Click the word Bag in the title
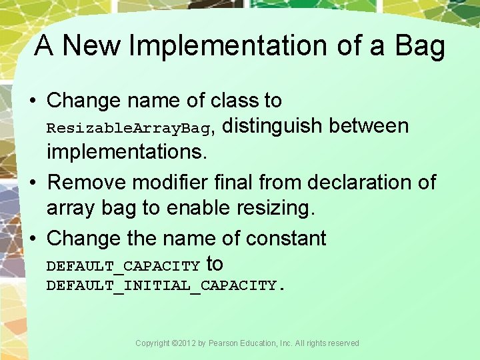click(419, 46)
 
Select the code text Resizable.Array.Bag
click(129, 127)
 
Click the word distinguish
click(272, 125)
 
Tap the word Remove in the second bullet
click(87, 181)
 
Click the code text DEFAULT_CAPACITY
click(123, 267)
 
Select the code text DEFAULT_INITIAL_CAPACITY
click(165, 286)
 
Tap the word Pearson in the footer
click(223, 343)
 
